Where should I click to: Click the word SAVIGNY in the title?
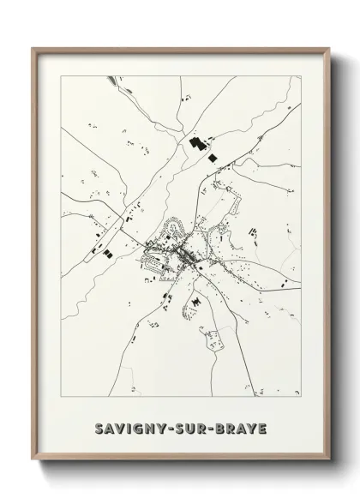135,426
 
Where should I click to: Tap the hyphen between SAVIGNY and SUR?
174,426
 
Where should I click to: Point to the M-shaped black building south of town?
197,302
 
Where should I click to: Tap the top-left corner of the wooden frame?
33,48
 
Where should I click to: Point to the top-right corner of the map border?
302,75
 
